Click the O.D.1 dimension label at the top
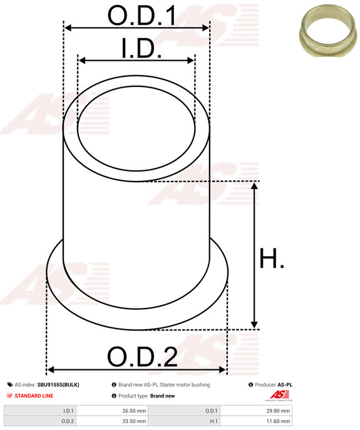coord(141,16)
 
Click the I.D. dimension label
coord(141,49)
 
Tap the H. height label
coord(272,258)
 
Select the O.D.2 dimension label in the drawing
coord(142,357)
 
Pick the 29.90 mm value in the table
coord(279,411)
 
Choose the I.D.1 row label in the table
coord(68,411)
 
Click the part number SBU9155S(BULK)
coord(58,385)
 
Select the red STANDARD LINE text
coord(34,396)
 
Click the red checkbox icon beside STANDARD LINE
coord(9,396)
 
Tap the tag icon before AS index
coord(9,385)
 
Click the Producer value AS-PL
coord(285,385)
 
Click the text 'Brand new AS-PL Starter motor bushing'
coord(164,385)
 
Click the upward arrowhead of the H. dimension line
coord(254,187)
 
